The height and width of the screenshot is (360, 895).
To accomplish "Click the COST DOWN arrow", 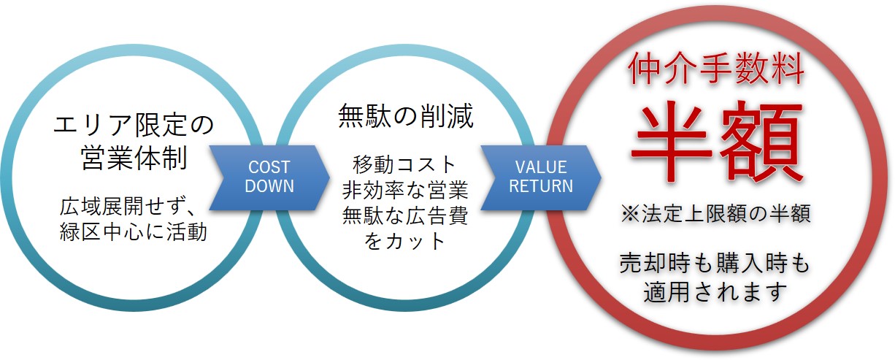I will [269, 177].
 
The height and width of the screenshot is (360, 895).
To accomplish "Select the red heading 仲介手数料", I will [716, 72].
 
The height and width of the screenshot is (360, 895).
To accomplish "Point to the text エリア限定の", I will [134, 125].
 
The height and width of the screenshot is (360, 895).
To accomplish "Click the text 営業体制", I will [135, 158].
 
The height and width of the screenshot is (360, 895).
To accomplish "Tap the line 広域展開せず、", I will [134, 207].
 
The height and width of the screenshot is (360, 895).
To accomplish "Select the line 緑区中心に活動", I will [134, 232].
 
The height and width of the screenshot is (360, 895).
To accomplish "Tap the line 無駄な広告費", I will [405, 215].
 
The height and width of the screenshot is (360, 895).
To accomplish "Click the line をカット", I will [405, 241].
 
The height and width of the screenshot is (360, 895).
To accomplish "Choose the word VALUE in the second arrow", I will [541, 167].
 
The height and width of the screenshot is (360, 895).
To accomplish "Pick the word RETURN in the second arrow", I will [541, 186].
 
